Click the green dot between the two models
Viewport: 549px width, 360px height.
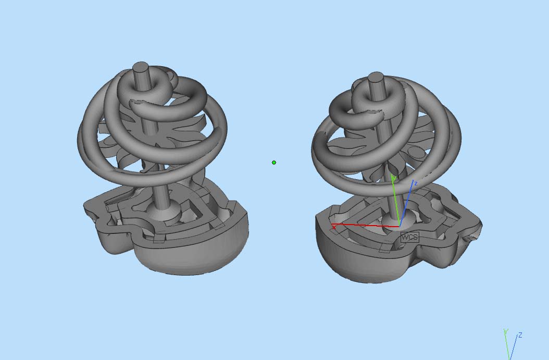coord(274,163)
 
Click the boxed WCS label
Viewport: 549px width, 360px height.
coord(409,237)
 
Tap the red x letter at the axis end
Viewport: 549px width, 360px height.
coord(334,228)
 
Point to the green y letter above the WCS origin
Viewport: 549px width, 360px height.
coord(394,179)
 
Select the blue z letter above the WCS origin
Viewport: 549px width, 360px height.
coord(416,183)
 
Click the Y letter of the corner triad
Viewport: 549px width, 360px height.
coord(506,331)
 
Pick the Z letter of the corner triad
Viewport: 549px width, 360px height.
coord(520,335)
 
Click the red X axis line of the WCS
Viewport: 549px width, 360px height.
coord(365,225)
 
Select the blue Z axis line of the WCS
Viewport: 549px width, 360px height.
coord(406,204)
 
